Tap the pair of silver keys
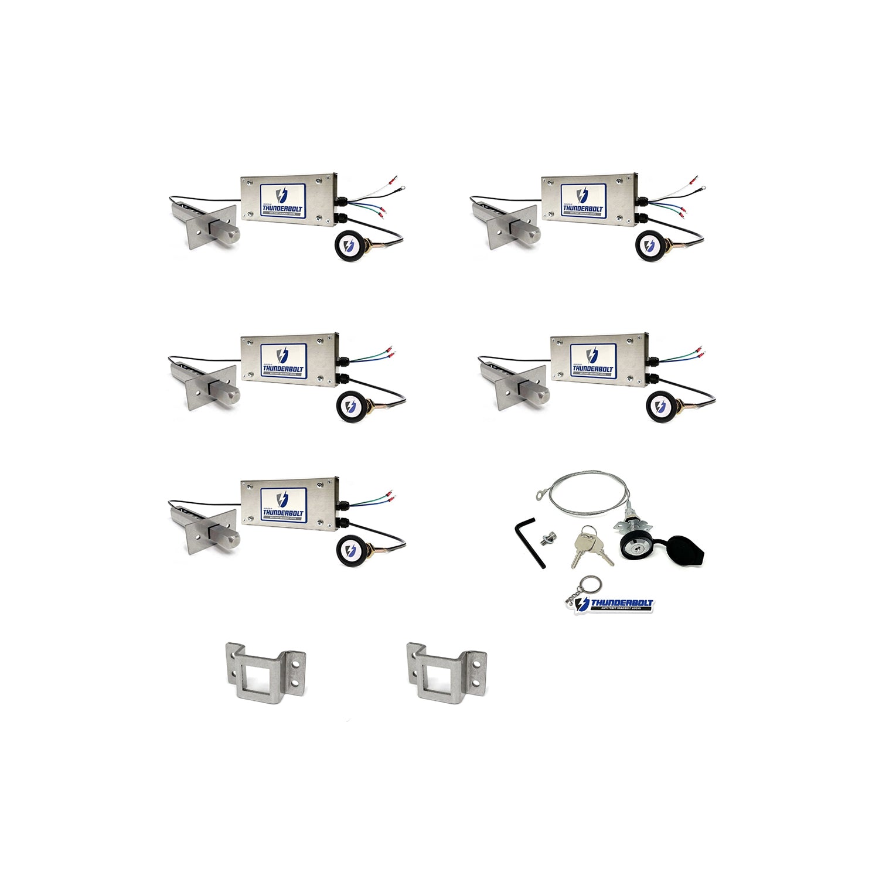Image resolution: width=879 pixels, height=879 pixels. coord(590,546)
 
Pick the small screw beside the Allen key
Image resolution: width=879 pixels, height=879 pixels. coord(550,536)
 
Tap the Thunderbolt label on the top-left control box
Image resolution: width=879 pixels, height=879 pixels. coord(283,200)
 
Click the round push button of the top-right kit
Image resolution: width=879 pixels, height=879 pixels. coord(649,245)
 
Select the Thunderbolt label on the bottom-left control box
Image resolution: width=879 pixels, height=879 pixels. coord(283,505)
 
